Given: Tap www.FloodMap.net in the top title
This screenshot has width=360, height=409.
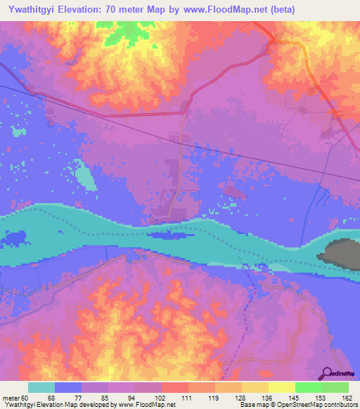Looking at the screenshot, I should (224, 10).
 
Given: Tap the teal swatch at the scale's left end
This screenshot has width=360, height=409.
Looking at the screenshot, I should (41, 387).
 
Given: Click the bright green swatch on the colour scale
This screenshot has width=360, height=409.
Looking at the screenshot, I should (308, 387).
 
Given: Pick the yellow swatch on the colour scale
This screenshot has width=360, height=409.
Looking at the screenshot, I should (281, 387).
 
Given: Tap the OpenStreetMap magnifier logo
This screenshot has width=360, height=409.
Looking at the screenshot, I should (326, 373).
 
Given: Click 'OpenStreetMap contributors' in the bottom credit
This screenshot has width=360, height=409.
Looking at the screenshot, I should (318, 405).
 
